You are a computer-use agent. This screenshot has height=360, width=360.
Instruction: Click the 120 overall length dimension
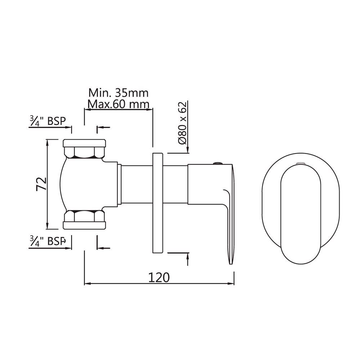coord(159,277)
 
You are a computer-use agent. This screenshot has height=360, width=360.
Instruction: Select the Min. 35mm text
coord(118,93)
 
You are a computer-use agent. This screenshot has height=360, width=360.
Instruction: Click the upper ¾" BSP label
coord(48,121)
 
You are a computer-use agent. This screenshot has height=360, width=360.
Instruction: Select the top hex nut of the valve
coord(85,153)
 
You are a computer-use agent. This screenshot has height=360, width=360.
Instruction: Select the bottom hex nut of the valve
coord(85,215)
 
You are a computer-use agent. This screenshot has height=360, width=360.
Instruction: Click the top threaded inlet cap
coord(85,143)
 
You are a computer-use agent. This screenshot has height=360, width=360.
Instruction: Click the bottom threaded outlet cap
coord(85,225)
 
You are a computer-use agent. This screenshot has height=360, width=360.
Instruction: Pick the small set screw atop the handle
coord(217,163)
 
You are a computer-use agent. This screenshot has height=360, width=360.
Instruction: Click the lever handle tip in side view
coord(231,257)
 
